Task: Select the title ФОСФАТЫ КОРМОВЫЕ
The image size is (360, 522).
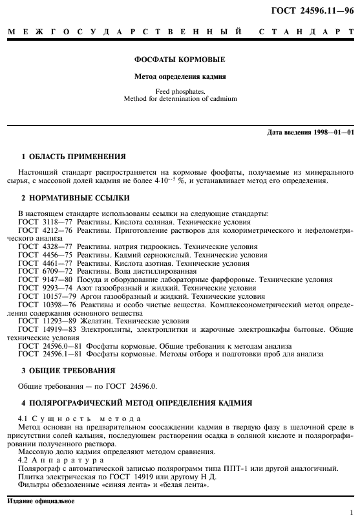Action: click(x=180, y=60)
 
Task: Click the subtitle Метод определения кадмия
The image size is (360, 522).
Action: click(x=180, y=76)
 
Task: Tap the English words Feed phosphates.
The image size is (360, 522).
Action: click(x=180, y=92)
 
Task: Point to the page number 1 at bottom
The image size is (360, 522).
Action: click(x=350, y=511)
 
